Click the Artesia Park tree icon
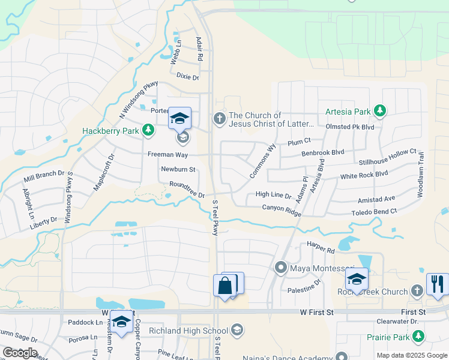coord(379,110)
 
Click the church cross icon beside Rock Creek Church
coord(417,291)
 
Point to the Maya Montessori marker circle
coord(280,267)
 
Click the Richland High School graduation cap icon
coord(237,330)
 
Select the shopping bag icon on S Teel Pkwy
coord(225,286)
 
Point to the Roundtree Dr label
coord(187,190)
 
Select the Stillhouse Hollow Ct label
coord(387,158)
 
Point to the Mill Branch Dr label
coord(44,176)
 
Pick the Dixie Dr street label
coord(187,76)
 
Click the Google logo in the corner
coord(19,353)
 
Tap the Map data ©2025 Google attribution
coord(411,355)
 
